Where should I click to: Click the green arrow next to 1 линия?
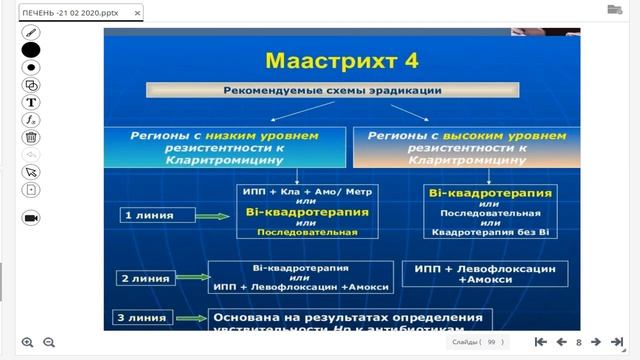coord(212,214)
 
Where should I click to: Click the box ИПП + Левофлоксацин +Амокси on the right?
coord(484,274)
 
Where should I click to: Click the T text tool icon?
coord(31,102)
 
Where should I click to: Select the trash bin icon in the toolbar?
coord(31,137)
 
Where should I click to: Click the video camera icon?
coord(31,217)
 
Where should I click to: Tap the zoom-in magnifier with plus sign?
coord(27,343)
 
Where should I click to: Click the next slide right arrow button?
coord(595,343)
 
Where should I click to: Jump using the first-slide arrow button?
coord(541,343)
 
